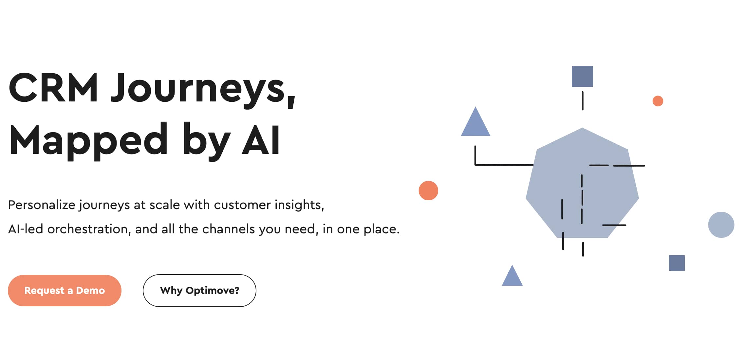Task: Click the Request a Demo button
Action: coord(65,291)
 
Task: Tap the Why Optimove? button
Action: coord(199,291)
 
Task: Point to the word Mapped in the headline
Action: coord(88,141)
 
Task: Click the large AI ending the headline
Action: coord(261,140)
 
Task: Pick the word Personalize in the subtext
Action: coord(42,205)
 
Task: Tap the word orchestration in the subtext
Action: coord(87,229)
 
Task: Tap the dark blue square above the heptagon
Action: coord(582,76)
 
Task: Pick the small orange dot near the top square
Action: coord(658,101)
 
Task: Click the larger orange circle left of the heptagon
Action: coord(428,190)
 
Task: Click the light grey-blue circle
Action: coord(721,225)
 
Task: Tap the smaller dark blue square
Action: coord(677,263)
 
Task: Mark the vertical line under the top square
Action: coord(583,101)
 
